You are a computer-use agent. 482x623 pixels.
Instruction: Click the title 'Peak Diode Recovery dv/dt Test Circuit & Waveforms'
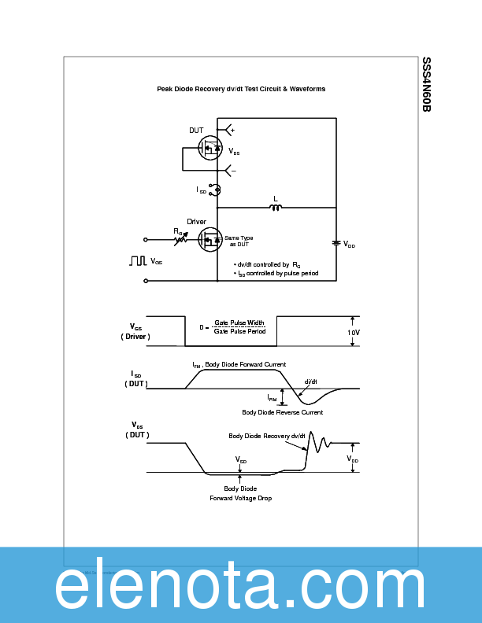[x=241, y=89]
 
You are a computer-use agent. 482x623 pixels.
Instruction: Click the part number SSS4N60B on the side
[x=426, y=84]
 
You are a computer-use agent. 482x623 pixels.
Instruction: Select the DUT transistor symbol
[x=210, y=148]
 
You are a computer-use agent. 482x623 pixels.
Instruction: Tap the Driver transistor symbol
[x=210, y=238]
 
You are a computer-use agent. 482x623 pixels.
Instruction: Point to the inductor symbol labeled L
[x=276, y=207]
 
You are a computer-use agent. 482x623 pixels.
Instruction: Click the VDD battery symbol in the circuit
[x=336, y=243]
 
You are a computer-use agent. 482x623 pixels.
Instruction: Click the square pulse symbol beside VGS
[x=139, y=260]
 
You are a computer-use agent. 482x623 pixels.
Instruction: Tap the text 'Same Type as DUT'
[x=239, y=241]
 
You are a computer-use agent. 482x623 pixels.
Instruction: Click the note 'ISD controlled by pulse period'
[x=276, y=273]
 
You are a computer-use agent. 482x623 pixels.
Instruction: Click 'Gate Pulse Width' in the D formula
[x=239, y=323]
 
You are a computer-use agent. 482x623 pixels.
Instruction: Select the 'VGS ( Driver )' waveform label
[x=135, y=331]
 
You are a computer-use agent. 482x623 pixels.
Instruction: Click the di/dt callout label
[x=310, y=382]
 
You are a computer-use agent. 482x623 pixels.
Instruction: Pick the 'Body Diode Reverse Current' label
[x=282, y=412]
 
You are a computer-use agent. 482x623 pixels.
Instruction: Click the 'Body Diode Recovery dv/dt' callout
[x=267, y=436]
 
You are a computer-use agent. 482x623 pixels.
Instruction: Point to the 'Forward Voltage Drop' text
[x=240, y=498]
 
